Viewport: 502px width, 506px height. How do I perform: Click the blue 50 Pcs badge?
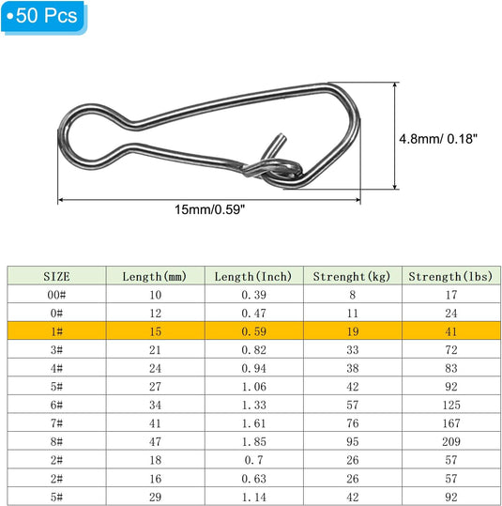coord(43,17)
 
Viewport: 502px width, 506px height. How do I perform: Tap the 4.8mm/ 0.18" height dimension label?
coord(438,139)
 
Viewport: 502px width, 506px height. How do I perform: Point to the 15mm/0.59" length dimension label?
coord(209,209)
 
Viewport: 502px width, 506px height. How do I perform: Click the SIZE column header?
coord(57,277)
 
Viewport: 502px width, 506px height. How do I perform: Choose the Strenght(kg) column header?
coord(352,277)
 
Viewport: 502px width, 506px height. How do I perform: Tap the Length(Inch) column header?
coord(253,277)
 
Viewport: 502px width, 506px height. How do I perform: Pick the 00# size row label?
coord(57,295)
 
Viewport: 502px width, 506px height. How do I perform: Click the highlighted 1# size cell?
coord(57,331)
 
